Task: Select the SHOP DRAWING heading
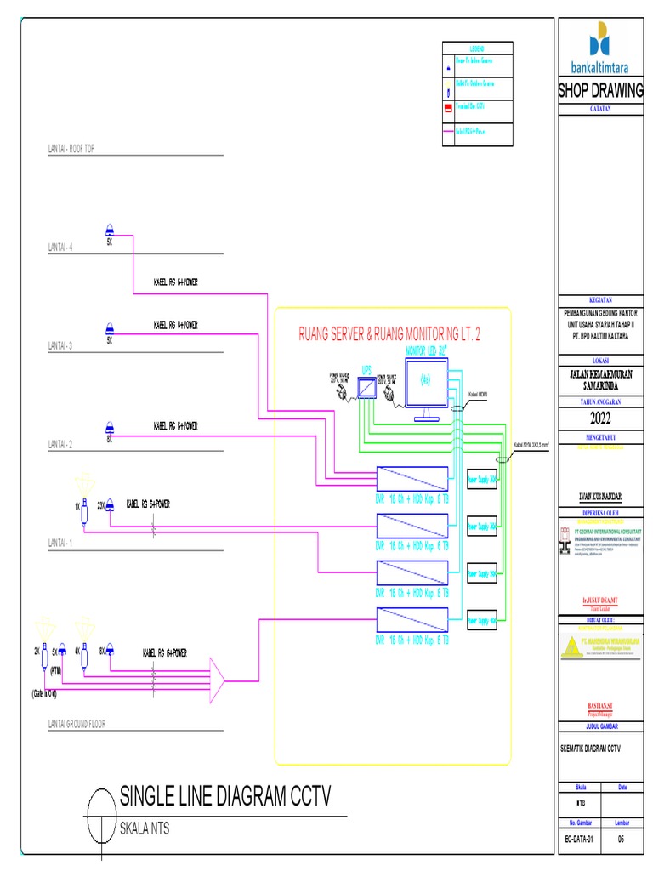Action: point(601,92)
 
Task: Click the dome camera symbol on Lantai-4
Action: point(110,230)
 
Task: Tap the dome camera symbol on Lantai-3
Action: point(110,328)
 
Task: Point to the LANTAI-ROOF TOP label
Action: point(71,149)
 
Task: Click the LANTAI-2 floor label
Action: point(60,444)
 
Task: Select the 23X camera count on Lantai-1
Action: point(101,504)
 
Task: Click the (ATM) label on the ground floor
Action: point(56,669)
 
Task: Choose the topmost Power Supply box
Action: point(483,480)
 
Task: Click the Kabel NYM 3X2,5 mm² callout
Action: point(531,444)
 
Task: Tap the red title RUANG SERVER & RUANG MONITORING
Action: point(389,335)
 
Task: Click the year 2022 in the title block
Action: point(601,418)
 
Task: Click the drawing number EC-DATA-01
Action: point(578,840)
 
